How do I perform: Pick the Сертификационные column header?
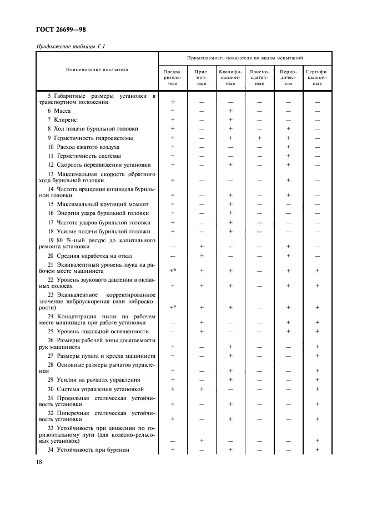point(317,78)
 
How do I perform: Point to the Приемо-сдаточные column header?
point(259,78)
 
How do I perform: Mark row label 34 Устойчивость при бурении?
point(88,449)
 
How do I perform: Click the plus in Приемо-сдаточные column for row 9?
point(259,138)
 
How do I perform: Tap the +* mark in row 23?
point(173,307)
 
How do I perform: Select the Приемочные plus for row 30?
point(202,389)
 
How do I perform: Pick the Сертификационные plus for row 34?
point(317,449)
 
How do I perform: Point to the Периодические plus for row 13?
point(288,180)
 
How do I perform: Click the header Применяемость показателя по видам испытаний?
point(245,57)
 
